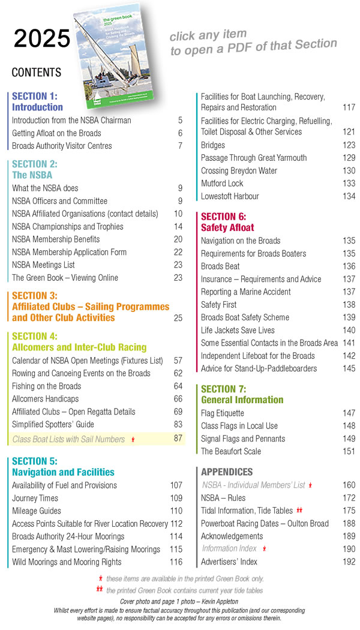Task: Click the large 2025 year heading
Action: (x=42, y=38)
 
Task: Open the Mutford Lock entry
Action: (x=222, y=184)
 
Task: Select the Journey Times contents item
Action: (x=35, y=498)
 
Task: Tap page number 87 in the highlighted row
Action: (x=178, y=439)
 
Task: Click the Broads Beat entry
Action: (x=220, y=266)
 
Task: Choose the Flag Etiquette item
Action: (x=223, y=413)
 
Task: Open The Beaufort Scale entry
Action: (x=231, y=451)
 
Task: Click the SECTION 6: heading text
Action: (x=223, y=216)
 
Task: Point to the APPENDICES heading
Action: (x=227, y=472)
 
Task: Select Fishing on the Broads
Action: (x=47, y=386)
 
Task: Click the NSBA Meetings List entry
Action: (x=43, y=265)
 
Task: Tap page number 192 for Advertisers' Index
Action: (x=349, y=562)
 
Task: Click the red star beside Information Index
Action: (x=265, y=549)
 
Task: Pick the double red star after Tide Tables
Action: (x=299, y=511)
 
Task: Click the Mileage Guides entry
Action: (x=37, y=511)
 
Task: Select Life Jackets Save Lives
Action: (x=238, y=330)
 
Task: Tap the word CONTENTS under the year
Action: (x=37, y=73)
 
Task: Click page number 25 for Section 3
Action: (x=178, y=318)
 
